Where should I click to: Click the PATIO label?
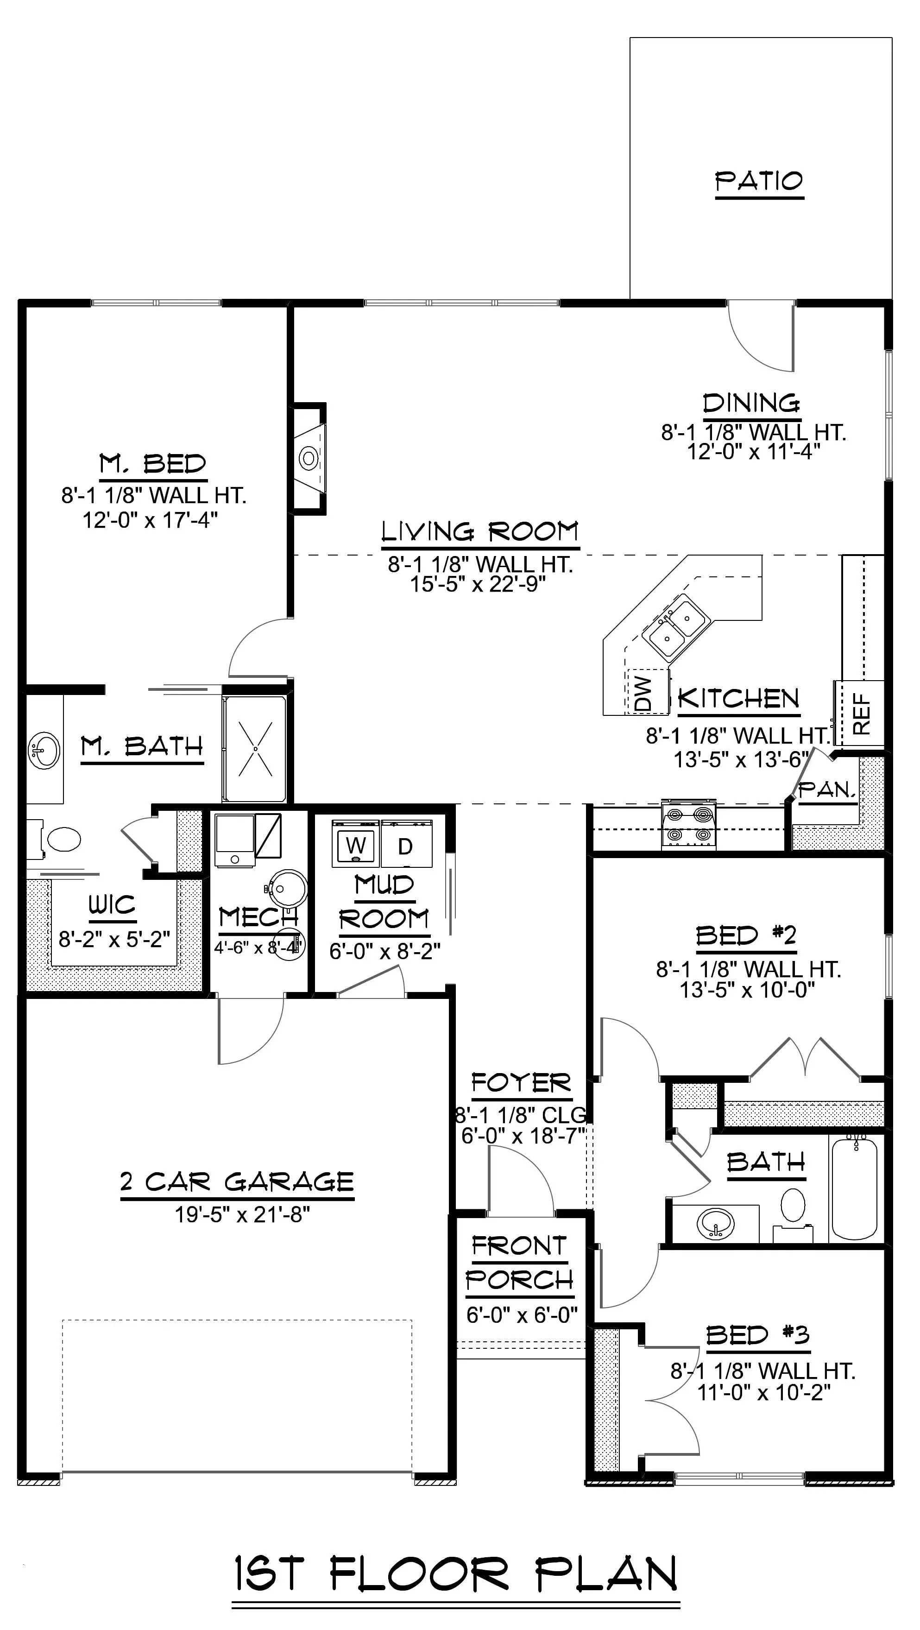pyautogui.click(x=759, y=182)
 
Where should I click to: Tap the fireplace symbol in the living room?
pyautogui.click(x=308, y=457)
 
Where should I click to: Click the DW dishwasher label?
pyautogui.click(x=643, y=693)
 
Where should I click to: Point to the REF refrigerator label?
pyautogui.click(x=862, y=714)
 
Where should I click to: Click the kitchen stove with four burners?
pyautogui.click(x=688, y=824)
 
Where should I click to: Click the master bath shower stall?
pyautogui.click(x=255, y=749)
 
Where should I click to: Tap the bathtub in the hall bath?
pyautogui.click(x=854, y=1188)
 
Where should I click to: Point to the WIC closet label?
pyautogui.click(x=112, y=905)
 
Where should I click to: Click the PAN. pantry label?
pyautogui.click(x=827, y=790)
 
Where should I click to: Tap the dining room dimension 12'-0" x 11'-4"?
pyautogui.click(x=754, y=452)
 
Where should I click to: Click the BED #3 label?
pyautogui.click(x=757, y=1335)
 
